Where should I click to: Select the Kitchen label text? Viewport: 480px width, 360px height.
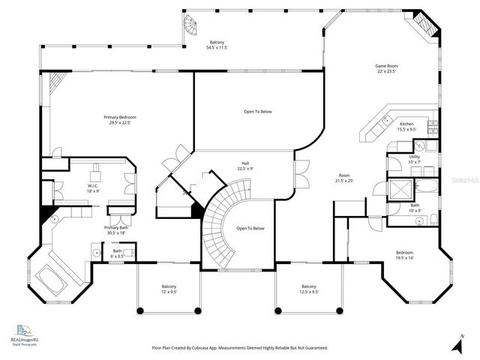tap(406, 126)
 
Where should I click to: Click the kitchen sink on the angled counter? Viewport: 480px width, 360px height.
tap(384, 120)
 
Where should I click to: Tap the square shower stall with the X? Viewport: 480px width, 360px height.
tap(398, 188)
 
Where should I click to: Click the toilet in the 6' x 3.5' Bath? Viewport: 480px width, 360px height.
tap(97, 253)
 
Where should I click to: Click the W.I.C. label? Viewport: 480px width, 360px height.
tap(93, 188)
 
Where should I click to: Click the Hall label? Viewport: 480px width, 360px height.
tap(245, 166)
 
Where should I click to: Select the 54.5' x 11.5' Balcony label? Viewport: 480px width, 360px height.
tap(217, 45)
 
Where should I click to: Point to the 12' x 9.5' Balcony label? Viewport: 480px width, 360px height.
tap(169, 289)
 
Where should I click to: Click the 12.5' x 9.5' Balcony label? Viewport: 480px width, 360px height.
tap(308, 289)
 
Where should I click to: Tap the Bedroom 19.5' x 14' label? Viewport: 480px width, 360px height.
tap(404, 255)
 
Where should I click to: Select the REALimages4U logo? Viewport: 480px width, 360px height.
tap(25, 334)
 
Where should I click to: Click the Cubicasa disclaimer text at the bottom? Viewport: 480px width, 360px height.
tap(239, 348)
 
